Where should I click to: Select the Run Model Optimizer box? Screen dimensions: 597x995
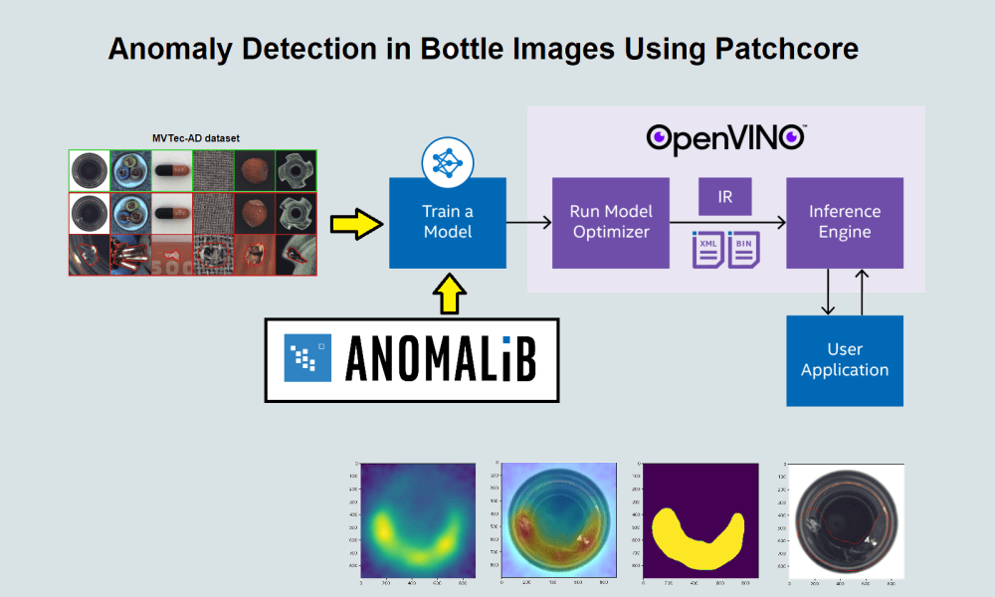[610, 222]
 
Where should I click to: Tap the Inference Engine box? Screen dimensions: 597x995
[844, 222]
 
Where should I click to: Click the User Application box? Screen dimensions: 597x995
[844, 359]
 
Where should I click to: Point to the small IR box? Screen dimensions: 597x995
[725, 196]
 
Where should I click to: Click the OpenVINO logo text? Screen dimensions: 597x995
[725, 138]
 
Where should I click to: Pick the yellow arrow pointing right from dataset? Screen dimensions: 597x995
[357, 224]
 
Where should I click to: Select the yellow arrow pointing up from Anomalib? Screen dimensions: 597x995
[447, 296]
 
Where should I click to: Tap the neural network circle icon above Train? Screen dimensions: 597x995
[446, 161]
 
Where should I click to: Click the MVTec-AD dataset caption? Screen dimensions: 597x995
[193, 137]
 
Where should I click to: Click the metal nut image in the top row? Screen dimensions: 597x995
[296, 170]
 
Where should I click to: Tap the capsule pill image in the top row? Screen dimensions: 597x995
[171, 170]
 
